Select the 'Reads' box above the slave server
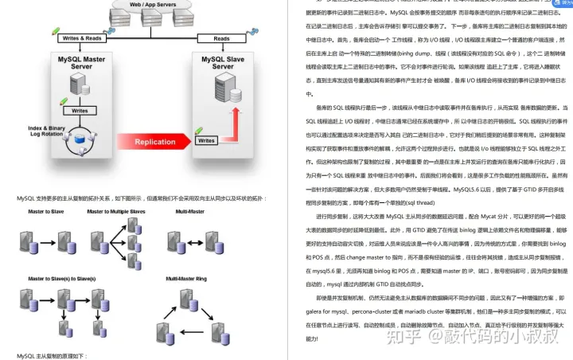(220, 38)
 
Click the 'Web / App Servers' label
(154, 4)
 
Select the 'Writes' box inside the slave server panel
(205, 141)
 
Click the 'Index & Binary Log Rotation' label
(47, 131)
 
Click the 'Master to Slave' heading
(47, 211)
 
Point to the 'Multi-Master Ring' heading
(185, 279)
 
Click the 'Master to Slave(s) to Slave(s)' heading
(59, 279)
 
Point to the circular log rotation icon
(80, 143)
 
